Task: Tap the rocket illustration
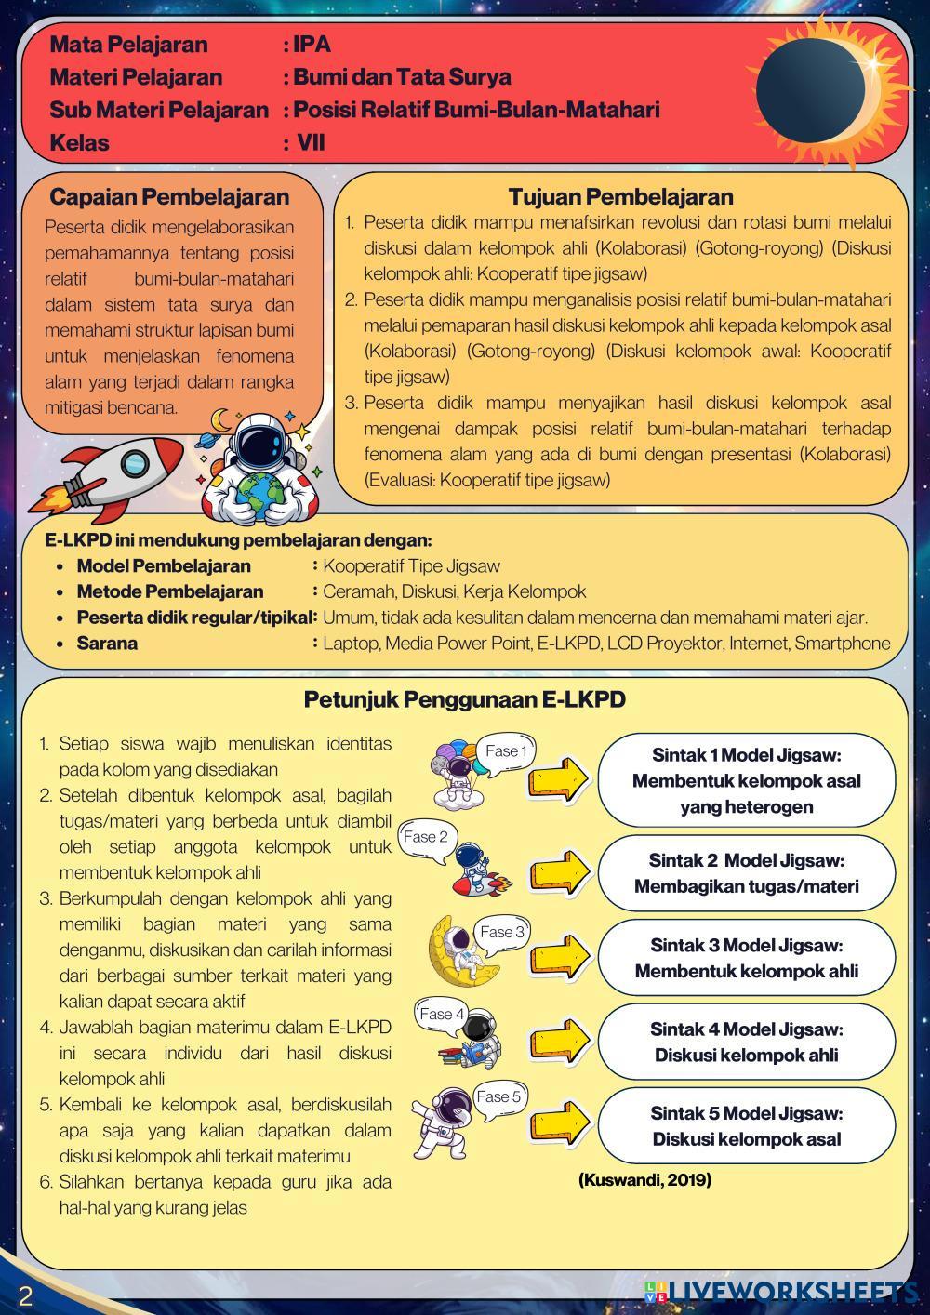112,474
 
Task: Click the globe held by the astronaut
262,488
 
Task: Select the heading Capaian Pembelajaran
169,196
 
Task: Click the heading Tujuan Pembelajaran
620,196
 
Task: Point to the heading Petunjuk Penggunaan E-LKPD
464,699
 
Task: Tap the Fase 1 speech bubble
507,751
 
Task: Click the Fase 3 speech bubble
502,932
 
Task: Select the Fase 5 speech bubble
498,1097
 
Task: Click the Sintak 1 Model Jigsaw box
746,781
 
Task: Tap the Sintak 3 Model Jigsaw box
746,958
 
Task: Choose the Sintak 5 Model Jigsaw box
746,1126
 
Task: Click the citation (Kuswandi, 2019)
644,1180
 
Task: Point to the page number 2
24,1295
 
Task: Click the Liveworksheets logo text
790,1292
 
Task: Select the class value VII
311,143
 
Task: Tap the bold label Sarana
107,644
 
